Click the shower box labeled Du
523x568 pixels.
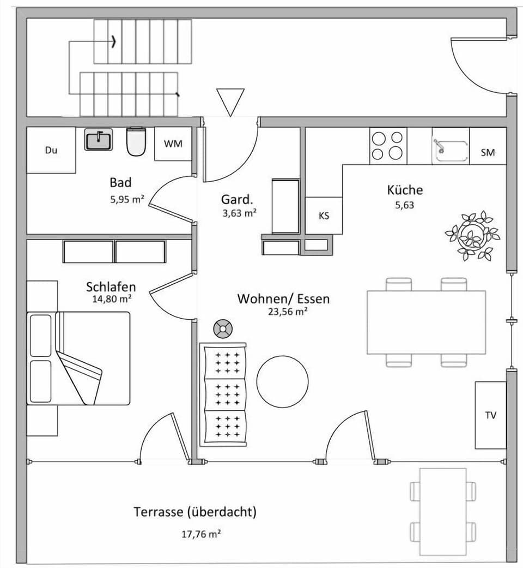point(51,151)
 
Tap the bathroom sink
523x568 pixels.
point(99,140)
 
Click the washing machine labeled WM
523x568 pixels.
point(173,144)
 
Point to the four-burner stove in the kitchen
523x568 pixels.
point(388,146)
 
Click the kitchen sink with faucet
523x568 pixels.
point(451,146)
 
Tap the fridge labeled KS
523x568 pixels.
point(324,216)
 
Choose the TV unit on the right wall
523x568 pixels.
point(490,415)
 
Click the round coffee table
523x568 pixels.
point(282,381)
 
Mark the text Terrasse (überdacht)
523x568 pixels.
point(195,512)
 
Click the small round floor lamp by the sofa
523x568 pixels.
point(222,328)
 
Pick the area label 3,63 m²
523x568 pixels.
point(239,213)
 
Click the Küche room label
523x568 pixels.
point(405,190)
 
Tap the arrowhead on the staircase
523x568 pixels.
point(113,41)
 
